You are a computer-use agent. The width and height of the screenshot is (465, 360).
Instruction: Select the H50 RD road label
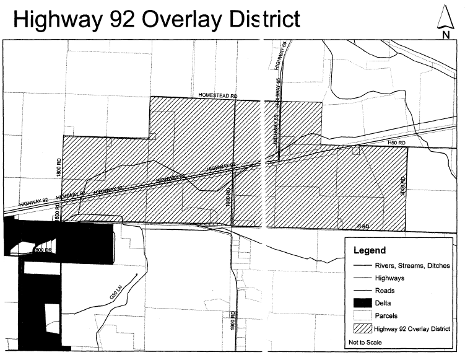click(396, 143)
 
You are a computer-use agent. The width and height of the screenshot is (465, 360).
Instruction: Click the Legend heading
click(370, 252)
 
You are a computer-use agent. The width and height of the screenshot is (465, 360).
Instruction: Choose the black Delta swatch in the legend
click(362, 302)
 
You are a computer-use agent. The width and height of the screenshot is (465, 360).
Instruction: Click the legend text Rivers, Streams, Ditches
click(412, 265)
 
